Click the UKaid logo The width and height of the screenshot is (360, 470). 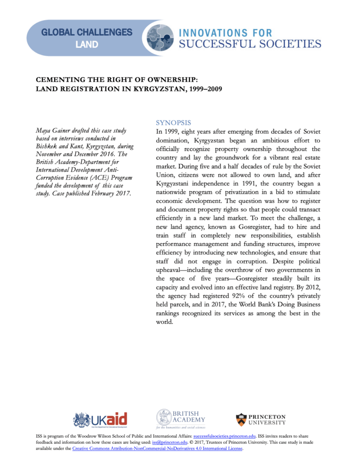point(100,419)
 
